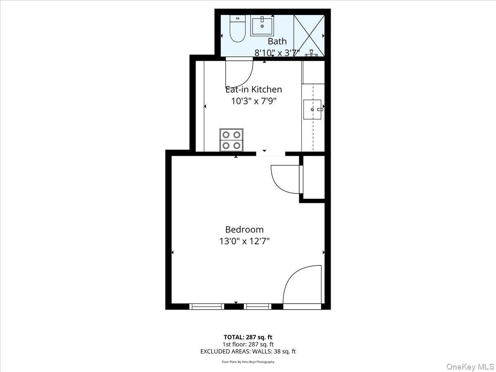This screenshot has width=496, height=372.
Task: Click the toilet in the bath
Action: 237,29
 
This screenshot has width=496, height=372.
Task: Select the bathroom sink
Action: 262,26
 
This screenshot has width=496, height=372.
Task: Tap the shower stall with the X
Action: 309,35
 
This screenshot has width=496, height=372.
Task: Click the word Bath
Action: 277,41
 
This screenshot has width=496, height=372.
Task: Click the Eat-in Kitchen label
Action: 254,89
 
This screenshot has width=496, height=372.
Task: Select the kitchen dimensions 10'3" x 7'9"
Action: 254,100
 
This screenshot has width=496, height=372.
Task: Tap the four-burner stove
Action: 231,140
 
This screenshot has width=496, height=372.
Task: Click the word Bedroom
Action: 244,229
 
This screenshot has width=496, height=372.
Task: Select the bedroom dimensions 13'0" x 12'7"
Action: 244,241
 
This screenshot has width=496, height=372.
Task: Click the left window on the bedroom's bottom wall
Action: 207,306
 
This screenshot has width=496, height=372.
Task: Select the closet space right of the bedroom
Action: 314,178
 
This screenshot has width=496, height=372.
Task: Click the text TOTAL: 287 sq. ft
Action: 248,337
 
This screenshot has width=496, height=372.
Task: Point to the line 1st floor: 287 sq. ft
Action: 248,344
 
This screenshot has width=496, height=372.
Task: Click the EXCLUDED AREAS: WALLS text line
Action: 248,352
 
